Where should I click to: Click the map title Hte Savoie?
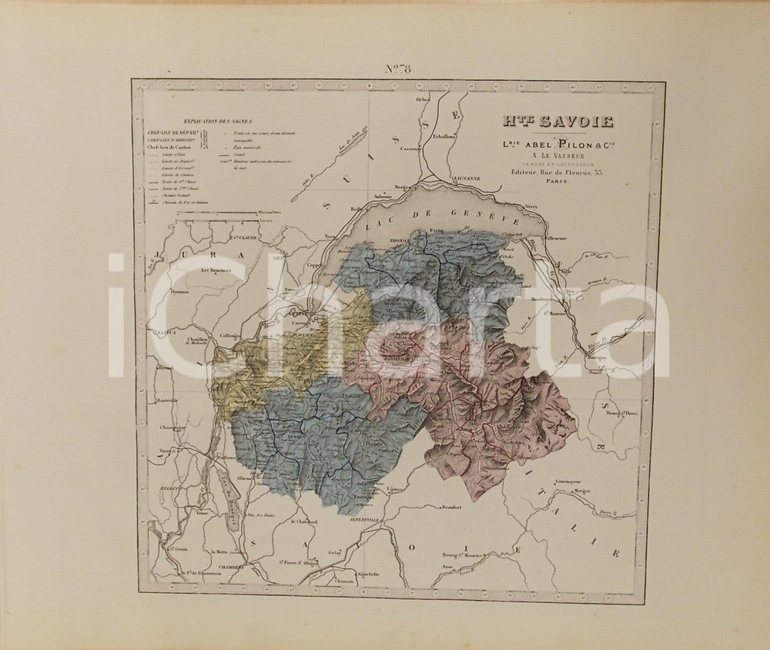click(547, 121)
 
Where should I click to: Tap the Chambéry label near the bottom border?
click(232, 568)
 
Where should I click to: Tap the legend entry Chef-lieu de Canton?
click(169, 148)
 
